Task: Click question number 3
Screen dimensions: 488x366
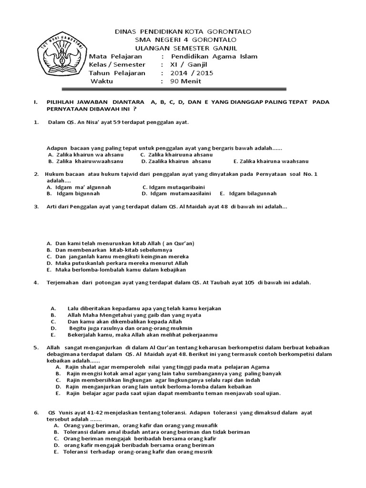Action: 36,207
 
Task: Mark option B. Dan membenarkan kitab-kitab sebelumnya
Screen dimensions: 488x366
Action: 109,250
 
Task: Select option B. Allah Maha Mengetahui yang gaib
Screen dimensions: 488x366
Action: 126,315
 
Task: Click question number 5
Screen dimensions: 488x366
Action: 36,348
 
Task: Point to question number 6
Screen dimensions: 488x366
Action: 36,412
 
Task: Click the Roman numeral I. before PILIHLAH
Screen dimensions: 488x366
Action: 35,102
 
